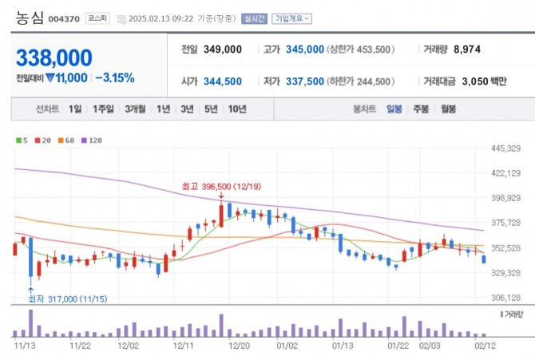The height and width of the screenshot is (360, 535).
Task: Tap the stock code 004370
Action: (63, 18)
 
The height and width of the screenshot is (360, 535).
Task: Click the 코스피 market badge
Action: (99, 18)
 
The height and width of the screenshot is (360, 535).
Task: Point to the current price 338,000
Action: (53, 57)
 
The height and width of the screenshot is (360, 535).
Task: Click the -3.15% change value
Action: (115, 78)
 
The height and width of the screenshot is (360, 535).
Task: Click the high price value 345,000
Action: (304, 49)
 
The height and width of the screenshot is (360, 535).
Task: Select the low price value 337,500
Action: (304, 81)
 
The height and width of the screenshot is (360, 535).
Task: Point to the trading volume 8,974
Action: (466, 49)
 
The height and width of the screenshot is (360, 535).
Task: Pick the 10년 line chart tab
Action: (237, 109)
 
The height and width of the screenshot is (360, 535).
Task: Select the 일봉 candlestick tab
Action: (394, 109)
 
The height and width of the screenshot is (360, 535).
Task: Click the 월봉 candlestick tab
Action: (447, 109)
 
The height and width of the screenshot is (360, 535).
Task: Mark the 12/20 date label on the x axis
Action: (240, 346)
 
